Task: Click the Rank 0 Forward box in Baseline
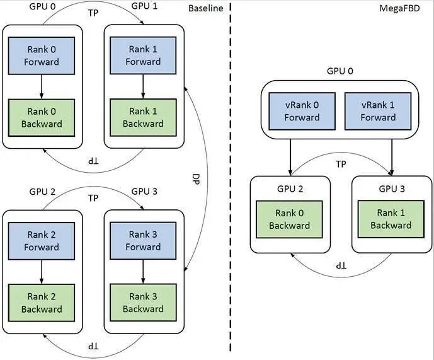42,55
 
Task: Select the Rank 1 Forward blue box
143,55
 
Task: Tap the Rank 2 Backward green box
42,303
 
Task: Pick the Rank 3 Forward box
143,241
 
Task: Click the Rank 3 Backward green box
143,303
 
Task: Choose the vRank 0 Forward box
302,110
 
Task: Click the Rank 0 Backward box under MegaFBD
290,219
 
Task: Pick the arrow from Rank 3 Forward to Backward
143,270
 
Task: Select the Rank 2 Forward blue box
42,241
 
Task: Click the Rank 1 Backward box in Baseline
143,117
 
